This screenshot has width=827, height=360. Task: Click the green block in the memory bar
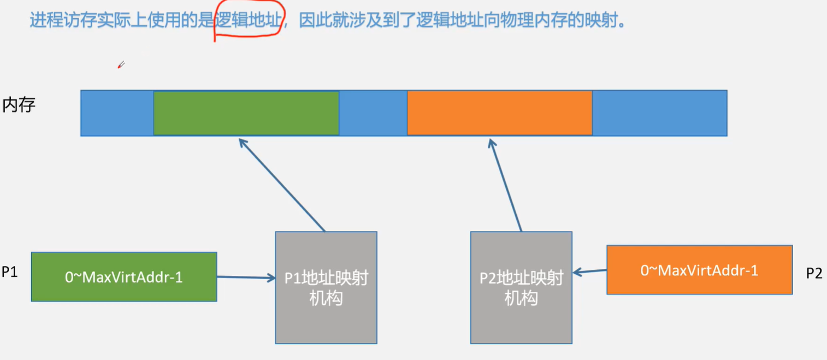(x=246, y=113)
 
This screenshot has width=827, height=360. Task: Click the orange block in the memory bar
(x=499, y=113)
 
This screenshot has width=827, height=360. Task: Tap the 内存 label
(x=19, y=104)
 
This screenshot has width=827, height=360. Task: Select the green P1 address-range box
(x=124, y=276)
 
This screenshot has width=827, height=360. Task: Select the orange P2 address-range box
(x=699, y=270)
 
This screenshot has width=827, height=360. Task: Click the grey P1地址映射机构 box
(x=326, y=288)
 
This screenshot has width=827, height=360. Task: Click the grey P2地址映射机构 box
(x=521, y=288)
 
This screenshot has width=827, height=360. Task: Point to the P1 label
(x=9, y=272)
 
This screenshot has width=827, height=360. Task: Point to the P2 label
(x=814, y=273)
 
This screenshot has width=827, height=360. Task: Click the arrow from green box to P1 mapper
(x=246, y=278)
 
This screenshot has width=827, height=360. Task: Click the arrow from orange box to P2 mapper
(x=590, y=271)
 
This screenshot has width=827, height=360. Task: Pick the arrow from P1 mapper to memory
(x=282, y=185)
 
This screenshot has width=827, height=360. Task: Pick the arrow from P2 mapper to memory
(x=505, y=185)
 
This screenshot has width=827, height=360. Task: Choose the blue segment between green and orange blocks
(x=373, y=113)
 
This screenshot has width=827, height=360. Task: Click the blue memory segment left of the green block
(x=117, y=113)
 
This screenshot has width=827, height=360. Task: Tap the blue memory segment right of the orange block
(x=659, y=113)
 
